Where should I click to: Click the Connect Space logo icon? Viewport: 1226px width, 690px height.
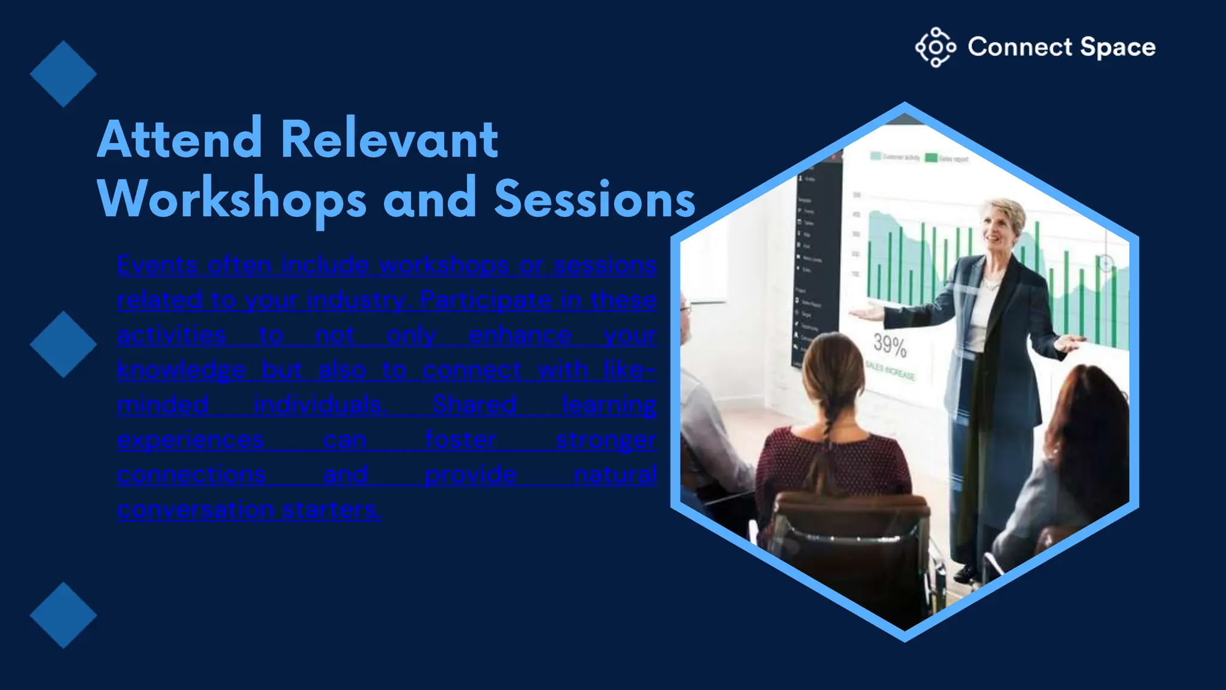point(935,47)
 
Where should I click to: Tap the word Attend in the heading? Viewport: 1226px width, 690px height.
point(180,140)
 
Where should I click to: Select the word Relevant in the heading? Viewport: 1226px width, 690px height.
point(389,140)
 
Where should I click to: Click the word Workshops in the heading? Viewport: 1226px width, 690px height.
point(232,199)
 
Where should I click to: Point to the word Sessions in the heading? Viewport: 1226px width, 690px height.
point(594,199)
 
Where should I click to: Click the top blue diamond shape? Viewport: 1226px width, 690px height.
point(63,74)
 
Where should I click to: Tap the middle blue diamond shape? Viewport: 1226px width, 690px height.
point(63,344)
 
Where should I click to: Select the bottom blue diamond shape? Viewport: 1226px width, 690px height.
point(63,615)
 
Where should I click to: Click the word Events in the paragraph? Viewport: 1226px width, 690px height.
point(157,265)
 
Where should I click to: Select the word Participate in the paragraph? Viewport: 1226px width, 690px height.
point(485,300)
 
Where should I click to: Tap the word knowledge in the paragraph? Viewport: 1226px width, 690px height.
point(181,370)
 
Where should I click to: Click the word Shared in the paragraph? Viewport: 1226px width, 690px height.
point(474,405)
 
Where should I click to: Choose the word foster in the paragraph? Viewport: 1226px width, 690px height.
point(460,440)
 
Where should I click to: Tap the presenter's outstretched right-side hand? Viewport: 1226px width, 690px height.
point(1070,343)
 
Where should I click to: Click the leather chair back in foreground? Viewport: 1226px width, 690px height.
point(850,527)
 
